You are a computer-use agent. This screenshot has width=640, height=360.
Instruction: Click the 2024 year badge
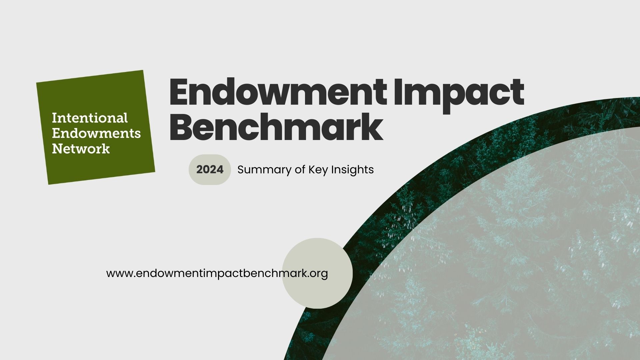point(210,170)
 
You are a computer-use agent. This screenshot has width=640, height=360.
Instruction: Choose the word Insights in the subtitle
point(352,170)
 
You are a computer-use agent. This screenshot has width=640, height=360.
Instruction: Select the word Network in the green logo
point(81,148)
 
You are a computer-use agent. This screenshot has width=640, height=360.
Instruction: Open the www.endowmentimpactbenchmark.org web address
point(217,273)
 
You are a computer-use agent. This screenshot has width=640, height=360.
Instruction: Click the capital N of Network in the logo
point(56,148)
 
